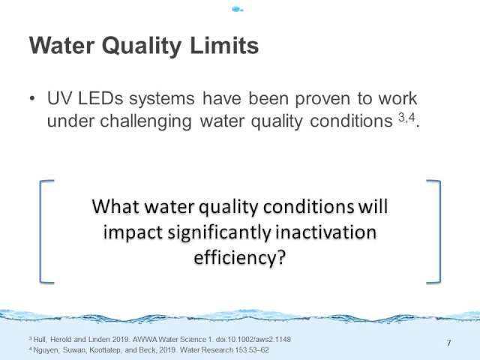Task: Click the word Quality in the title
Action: click(x=142, y=46)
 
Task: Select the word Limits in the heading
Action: click(x=224, y=45)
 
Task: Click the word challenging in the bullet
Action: click(x=146, y=121)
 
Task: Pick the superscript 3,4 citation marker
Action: click(x=406, y=117)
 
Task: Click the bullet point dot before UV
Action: click(x=32, y=98)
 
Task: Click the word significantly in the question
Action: click(x=219, y=233)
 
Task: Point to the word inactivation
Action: click(x=326, y=232)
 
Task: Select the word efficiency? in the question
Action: click(x=240, y=258)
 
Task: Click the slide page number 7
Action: click(x=448, y=343)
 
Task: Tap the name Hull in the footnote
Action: click(x=40, y=340)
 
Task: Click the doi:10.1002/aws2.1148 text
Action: click(x=253, y=340)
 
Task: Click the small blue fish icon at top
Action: click(x=238, y=10)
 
